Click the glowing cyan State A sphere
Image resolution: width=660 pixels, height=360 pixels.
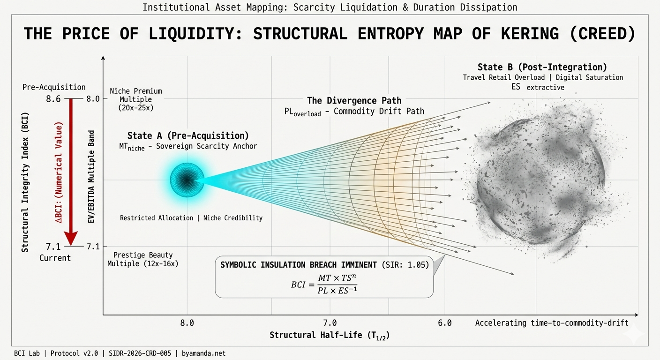coord(187,180)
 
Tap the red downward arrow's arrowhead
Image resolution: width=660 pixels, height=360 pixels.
coord(70,239)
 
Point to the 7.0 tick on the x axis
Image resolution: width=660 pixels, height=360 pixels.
coord(330,322)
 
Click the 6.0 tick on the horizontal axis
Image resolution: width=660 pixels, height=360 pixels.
coord(444,322)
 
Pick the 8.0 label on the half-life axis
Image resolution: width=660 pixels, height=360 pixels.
coord(187,322)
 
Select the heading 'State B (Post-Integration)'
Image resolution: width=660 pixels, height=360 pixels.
coord(542,67)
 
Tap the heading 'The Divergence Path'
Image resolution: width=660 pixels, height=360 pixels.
coord(354,100)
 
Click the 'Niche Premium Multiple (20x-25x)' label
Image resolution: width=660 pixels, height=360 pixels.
coord(136,99)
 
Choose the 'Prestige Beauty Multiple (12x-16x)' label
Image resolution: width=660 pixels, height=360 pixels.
coord(142,259)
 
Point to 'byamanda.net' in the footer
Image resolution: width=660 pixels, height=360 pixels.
coord(203,353)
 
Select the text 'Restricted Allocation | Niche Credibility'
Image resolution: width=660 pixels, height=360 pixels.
coord(191,218)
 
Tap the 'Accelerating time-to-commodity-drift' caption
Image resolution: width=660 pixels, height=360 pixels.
coord(552,322)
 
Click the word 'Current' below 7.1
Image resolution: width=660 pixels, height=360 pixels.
coord(55,258)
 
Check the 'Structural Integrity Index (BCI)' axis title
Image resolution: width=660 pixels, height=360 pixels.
coord(25,181)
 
